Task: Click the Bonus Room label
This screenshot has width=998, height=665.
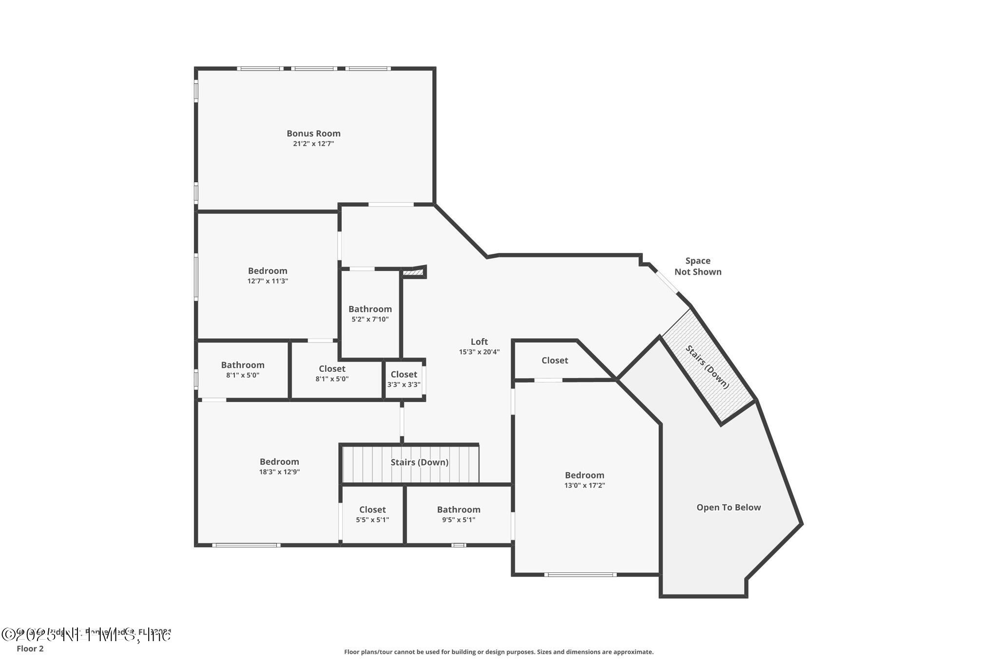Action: [x=313, y=133]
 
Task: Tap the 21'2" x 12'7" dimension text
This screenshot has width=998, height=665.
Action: [x=313, y=144]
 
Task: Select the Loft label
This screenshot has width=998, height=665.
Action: [x=479, y=342]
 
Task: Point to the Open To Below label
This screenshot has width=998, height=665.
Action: [x=728, y=508]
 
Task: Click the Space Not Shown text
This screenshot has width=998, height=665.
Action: [x=697, y=266]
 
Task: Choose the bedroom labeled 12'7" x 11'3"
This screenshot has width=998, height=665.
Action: [x=268, y=275]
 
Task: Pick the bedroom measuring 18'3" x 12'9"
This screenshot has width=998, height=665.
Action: [x=279, y=466]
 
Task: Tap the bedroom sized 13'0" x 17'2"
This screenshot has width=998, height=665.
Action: [x=584, y=479]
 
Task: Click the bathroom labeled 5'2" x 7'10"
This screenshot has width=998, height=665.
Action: [x=370, y=313]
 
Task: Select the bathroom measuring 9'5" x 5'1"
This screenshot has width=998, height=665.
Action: [x=458, y=514]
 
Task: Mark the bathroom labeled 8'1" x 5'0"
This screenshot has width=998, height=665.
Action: [x=243, y=369]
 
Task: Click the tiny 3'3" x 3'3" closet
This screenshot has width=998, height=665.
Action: [x=403, y=379]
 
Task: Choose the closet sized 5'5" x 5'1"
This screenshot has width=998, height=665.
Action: [x=372, y=514]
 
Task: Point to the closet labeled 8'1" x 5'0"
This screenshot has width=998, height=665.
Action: [x=332, y=373]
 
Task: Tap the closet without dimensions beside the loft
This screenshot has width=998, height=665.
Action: [x=555, y=361]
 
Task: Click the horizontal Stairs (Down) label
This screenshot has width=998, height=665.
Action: [x=419, y=462]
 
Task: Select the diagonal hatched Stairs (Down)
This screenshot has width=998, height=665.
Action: [x=708, y=367]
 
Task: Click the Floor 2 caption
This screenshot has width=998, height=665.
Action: [x=30, y=649]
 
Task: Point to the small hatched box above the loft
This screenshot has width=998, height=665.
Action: [x=413, y=273]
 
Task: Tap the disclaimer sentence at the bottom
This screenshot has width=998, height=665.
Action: [x=499, y=652]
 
